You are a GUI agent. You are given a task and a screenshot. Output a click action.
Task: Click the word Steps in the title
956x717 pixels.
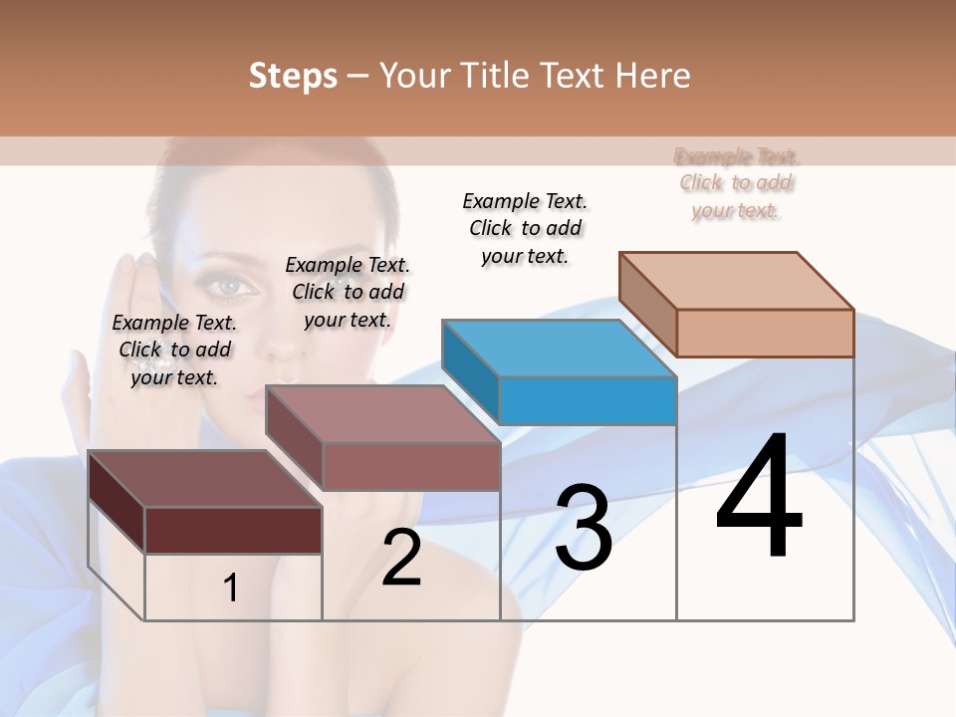tap(293, 77)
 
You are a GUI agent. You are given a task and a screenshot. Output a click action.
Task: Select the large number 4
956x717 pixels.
tap(759, 498)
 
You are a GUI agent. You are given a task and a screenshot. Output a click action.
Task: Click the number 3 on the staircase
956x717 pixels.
tap(584, 528)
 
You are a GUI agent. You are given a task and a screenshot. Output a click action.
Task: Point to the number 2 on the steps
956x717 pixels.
tap(401, 558)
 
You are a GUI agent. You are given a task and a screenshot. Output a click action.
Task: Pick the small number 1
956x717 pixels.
tap(230, 589)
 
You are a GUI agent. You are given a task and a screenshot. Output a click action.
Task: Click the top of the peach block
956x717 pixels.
tap(737, 280)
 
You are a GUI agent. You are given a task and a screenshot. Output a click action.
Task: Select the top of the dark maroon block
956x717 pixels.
tap(204, 478)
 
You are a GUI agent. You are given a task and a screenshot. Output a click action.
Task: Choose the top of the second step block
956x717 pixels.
tap(382, 413)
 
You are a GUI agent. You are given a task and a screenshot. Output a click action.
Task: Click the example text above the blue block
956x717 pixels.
tap(525, 228)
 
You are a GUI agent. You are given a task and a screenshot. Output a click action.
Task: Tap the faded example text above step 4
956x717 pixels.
tap(736, 183)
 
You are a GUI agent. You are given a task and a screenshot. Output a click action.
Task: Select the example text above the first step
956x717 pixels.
tap(174, 350)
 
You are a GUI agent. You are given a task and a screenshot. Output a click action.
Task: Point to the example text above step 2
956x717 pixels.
tap(348, 292)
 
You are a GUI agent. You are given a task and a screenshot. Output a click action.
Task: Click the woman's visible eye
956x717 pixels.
tap(230, 287)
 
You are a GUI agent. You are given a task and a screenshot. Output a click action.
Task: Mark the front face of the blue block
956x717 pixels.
tap(588, 400)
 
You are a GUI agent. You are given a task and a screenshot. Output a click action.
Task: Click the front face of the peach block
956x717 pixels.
tap(765, 333)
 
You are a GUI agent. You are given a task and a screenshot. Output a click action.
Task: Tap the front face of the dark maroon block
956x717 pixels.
tap(233, 530)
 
